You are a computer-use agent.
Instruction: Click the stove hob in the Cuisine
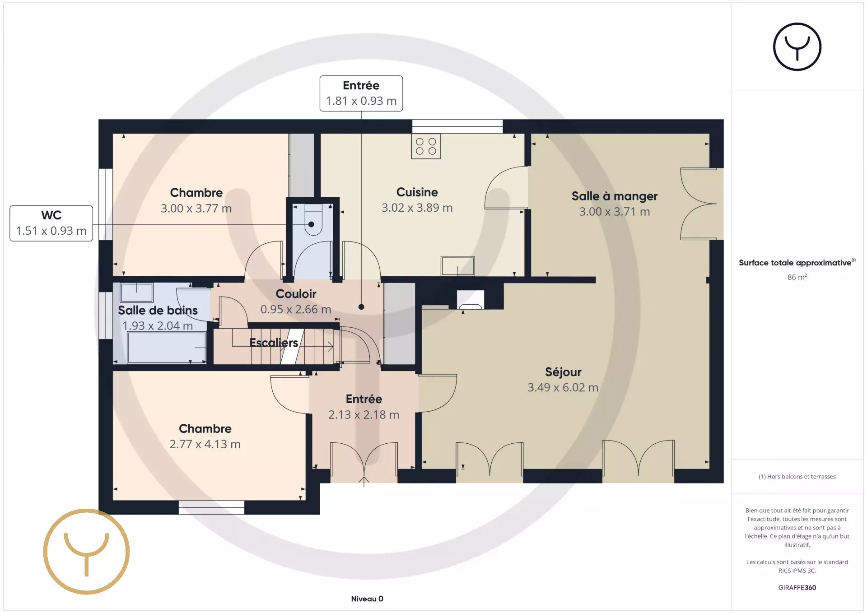pos(426,146)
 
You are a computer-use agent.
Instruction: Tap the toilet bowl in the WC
pos(313,220)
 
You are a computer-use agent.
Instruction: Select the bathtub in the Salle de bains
pos(167,348)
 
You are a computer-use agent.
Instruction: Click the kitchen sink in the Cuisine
pos(457,266)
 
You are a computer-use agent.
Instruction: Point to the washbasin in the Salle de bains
pos(137,293)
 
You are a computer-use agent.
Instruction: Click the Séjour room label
pos(563,372)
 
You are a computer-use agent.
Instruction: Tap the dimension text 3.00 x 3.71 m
pos(615,212)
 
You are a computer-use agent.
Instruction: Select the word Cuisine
pos(417,192)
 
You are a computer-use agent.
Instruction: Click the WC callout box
pos(51,223)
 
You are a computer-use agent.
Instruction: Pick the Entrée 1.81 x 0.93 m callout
pos(361,93)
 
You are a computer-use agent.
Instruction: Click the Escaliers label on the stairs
pos(274,343)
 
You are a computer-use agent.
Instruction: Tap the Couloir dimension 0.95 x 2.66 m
pos(296,310)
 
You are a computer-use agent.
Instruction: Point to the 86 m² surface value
pos(797,277)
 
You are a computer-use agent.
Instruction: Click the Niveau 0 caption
pos(367,599)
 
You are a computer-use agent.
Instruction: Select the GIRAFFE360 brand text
pos(797,587)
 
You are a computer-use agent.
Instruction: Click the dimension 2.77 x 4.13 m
pos(205,444)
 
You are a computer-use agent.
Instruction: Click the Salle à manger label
pos(615,196)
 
